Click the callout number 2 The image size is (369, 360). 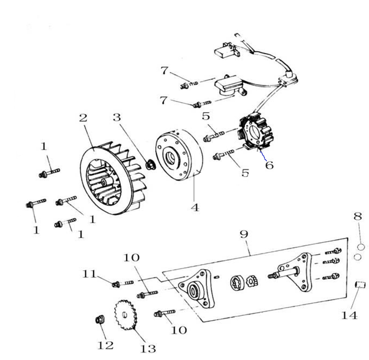[84, 118]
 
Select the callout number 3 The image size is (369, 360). [117, 117]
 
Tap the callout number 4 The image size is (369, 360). [195, 207]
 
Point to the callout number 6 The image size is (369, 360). [269, 165]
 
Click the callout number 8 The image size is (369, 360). [358, 216]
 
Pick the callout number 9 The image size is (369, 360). [244, 234]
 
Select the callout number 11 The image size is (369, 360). [89, 273]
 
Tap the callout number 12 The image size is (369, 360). [106, 345]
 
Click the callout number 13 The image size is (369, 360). [148, 349]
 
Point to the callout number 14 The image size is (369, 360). [350, 315]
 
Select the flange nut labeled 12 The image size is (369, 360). [100, 320]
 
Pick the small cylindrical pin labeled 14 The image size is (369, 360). [360, 285]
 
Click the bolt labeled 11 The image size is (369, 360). [123, 283]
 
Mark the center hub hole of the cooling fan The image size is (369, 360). [103, 182]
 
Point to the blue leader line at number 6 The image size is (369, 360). [263, 156]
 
